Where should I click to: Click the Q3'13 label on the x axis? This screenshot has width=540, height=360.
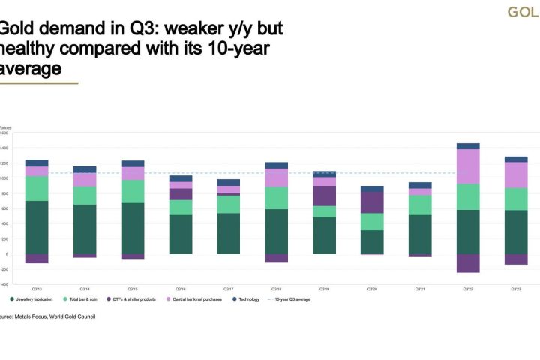click(37, 288)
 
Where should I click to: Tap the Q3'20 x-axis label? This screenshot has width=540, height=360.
click(372, 288)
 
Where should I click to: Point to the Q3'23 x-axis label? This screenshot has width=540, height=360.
click(516, 288)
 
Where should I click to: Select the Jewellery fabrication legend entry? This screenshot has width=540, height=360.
click(34, 298)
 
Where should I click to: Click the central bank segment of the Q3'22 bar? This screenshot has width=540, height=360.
click(468, 166)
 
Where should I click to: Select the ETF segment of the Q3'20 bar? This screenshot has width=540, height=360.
click(372, 202)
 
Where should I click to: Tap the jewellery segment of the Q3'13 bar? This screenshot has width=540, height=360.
click(37, 227)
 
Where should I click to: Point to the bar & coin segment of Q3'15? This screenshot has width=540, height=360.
click(133, 191)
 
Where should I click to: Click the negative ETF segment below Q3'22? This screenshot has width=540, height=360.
click(468, 262)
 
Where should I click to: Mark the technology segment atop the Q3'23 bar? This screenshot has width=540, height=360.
click(516, 159)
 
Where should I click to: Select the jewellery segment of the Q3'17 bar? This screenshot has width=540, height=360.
click(228, 233)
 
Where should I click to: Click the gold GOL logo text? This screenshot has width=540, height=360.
click(523, 12)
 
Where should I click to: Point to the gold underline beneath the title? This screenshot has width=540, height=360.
click(37, 82)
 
